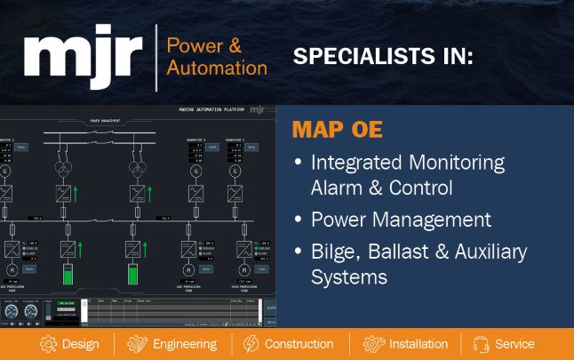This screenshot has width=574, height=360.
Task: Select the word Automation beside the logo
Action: click(217, 68)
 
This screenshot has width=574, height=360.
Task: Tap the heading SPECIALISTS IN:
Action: click(383, 58)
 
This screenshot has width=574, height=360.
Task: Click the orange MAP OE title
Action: click(337, 131)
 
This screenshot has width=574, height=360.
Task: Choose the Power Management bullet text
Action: click(400, 220)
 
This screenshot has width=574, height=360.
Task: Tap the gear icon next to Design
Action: click(48, 344)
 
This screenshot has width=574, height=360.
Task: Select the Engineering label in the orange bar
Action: click(184, 344)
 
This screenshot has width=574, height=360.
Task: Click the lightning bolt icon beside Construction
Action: click(251, 344)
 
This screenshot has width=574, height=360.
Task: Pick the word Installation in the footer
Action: click(418, 344)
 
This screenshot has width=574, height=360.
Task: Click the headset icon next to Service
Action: click(482, 344)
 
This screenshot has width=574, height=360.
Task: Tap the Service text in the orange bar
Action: click(514, 344)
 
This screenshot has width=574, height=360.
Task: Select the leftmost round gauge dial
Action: click(11, 312)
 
